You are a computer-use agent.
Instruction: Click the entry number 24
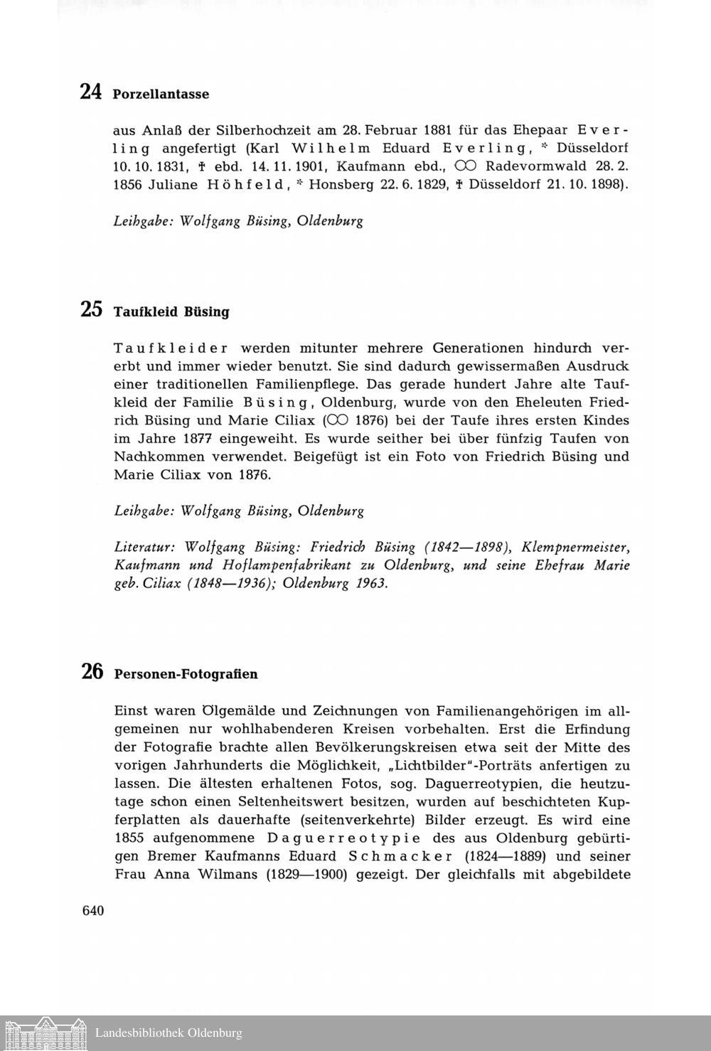click(x=91, y=92)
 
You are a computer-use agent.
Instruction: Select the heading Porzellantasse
click(x=161, y=94)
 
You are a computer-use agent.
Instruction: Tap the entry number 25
click(x=91, y=309)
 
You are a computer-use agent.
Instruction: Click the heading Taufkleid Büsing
click(x=171, y=311)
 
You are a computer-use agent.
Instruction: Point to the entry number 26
click(x=92, y=671)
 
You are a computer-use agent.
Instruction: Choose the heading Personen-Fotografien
click(x=186, y=673)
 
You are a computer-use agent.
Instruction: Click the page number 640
click(x=93, y=911)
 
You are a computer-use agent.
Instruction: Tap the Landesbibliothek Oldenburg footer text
click(x=169, y=1033)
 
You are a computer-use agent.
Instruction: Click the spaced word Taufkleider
click(x=171, y=348)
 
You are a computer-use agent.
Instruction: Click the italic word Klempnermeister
click(x=575, y=548)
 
